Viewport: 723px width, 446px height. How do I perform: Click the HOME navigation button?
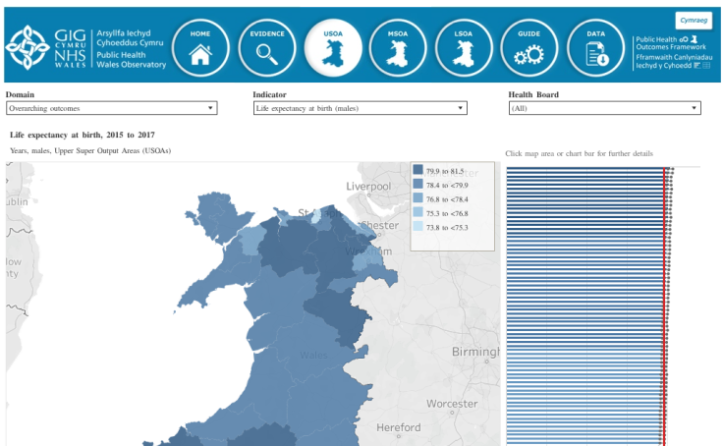pos(200,47)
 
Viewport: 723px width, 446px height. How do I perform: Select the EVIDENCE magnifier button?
pos(267,47)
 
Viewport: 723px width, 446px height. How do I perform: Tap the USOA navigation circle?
pos(333,47)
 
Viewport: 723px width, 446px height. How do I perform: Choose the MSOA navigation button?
pos(398,47)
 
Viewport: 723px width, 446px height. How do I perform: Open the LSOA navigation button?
pos(464,47)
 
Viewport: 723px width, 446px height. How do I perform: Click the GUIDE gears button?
pos(529,47)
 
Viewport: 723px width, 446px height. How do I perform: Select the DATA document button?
pos(595,47)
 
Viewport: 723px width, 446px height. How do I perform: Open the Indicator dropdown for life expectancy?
pos(358,108)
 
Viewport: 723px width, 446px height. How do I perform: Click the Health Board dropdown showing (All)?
pos(604,108)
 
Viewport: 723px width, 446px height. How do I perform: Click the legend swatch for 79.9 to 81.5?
pos(418,171)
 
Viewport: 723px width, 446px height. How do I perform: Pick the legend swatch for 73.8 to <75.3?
pos(418,227)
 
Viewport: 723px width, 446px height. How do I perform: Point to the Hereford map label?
pos(399,427)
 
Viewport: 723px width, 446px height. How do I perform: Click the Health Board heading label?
pos(533,94)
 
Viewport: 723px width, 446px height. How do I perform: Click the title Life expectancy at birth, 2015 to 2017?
pos(82,134)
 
